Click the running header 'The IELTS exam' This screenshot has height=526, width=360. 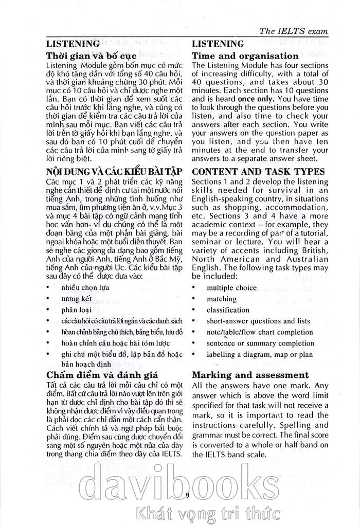click(294, 31)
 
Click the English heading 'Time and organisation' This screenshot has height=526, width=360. click(245, 56)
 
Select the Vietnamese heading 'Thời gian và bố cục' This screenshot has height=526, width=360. click(91, 56)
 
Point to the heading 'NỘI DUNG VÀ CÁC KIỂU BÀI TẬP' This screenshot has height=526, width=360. click(110, 171)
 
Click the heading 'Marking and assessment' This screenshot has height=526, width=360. click(250, 375)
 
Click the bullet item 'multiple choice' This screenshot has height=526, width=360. click(231, 287)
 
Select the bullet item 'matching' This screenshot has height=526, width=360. click(222, 299)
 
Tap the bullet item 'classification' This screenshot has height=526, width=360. click(228, 310)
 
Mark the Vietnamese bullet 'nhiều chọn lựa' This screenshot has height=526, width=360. click(85, 287)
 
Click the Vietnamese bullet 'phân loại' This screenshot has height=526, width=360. click(76, 310)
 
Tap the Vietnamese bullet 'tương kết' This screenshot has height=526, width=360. click(76, 299)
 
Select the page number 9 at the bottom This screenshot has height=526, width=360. click(187, 495)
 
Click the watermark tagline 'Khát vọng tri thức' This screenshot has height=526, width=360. click(206, 512)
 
